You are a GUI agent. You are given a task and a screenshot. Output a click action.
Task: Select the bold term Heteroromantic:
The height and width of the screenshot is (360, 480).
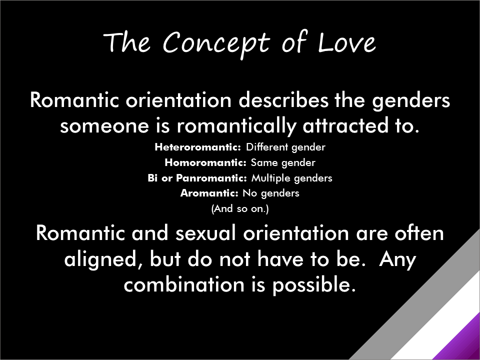(198, 147)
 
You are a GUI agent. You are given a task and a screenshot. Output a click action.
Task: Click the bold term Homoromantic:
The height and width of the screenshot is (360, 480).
(205, 162)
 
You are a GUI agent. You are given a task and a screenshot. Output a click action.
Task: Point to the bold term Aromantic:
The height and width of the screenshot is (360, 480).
(209, 193)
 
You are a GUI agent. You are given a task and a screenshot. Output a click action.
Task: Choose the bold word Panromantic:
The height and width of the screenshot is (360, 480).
(211, 178)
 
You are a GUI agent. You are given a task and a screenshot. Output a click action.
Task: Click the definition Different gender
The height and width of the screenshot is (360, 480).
(285, 147)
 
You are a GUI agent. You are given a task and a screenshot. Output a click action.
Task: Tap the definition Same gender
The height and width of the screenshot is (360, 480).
(283, 163)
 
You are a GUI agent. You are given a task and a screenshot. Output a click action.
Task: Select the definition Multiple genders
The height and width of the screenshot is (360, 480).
(291, 178)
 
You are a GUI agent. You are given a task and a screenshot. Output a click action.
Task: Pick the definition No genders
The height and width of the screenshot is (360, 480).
(271, 193)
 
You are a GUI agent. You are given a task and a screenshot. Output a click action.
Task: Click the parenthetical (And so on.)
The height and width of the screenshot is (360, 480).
(240, 209)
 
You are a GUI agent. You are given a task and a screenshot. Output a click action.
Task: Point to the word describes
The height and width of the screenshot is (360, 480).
(283, 100)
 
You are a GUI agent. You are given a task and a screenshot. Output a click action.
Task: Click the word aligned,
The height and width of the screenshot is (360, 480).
(103, 260)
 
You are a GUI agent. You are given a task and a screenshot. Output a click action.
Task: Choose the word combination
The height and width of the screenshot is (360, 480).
(184, 284)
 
